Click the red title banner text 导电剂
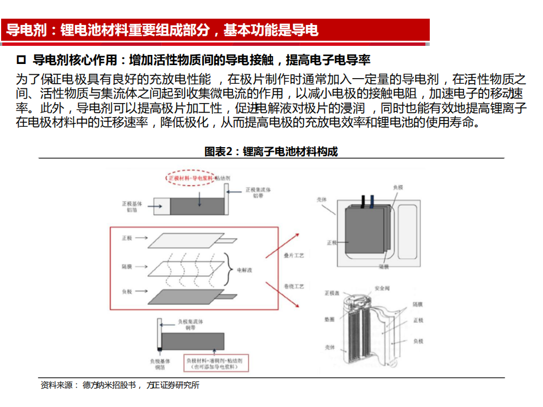tap(26, 30)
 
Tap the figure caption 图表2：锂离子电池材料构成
tap(271, 151)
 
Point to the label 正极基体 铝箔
tap(129, 206)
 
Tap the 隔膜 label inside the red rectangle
tap(127, 265)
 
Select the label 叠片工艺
tap(294, 256)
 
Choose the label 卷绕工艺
tap(294, 287)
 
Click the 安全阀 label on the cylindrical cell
tap(381, 289)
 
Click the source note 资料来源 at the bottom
tap(59, 385)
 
